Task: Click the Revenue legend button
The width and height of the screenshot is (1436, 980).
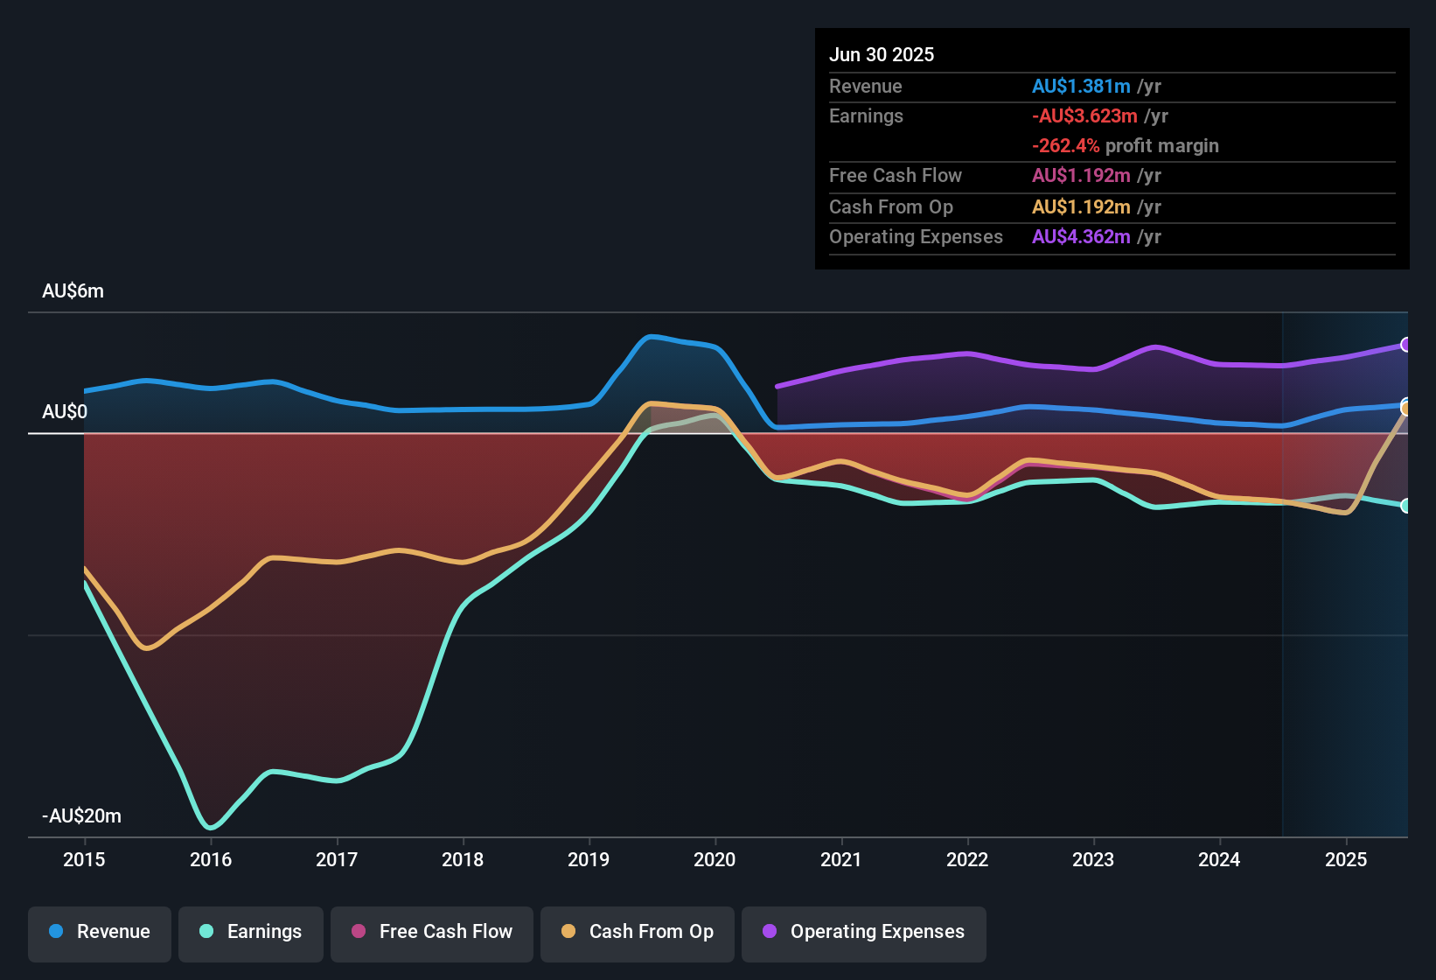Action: pyautogui.click(x=100, y=932)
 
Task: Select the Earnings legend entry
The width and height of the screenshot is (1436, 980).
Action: pyautogui.click(x=251, y=932)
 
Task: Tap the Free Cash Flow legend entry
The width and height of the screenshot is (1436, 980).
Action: pyautogui.click(x=432, y=932)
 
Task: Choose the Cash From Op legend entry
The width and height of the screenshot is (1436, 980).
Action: pyautogui.click(x=638, y=932)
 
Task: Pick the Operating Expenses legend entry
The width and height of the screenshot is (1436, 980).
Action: pyautogui.click(x=864, y=932)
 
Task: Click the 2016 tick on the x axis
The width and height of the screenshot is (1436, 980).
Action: pyautogui.click(x=211, y=859)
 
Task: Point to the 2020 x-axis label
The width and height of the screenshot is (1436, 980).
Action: pyautogui.click(x=715, y=859)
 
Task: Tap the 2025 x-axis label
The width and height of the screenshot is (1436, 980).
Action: pyautogui.click(x=1345, y=859)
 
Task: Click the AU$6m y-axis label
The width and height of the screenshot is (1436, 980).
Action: pyautogui.click(x=73, y=291)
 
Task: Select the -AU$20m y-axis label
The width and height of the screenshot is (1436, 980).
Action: pyautogui.click(x=81, y=816)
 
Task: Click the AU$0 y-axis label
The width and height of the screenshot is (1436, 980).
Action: pyautogui.click(x=65, y=412)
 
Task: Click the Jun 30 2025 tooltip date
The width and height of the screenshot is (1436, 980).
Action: pyautogui.click(x=882, y=55)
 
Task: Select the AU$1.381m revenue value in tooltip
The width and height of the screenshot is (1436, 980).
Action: pyautogui.click(x=1081, y=87)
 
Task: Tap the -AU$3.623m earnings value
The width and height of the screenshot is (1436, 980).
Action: pyautogui.click(x=1084, y=116)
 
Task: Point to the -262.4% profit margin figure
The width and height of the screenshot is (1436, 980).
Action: pyautogui.click(x=1065, y=146)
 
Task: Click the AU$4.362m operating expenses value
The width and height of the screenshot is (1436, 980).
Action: pyautogui.click(x=1081, y=237)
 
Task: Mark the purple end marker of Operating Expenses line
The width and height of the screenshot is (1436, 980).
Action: pyautogui.click(x=1405, y=345)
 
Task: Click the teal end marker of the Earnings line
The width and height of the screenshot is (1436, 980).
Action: pyautogui.click(x=1405, y=506)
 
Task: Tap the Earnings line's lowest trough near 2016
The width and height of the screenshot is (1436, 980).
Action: pyautogui.click(x=210, y=827)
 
